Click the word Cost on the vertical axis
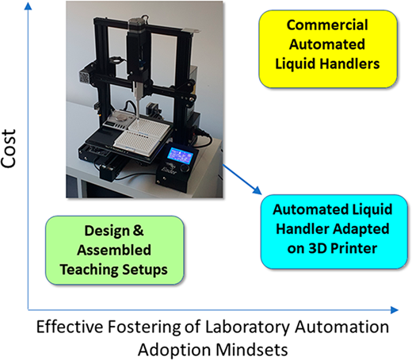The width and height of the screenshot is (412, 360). coord(9,148)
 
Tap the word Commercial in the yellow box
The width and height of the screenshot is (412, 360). coord(327,25)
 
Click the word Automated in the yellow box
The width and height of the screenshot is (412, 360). coord(327,44)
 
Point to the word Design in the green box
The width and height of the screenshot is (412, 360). coord(107,231)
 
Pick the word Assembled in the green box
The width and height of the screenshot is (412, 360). coord(114,250)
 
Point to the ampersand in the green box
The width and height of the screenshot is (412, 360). coord(138,231)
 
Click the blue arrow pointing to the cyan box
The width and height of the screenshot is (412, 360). coord(242,179)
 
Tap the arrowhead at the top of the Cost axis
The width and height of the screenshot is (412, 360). coord(28,5)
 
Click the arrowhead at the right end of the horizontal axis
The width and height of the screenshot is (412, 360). coord(394,310)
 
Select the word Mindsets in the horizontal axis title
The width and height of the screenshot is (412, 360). coord(252,350)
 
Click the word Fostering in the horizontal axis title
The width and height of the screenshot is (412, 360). coord(144,327)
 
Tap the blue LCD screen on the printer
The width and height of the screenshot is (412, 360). coord(181,155)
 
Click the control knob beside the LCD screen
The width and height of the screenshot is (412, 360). coord(186,168)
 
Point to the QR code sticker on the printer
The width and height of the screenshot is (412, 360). coord(85,77)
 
